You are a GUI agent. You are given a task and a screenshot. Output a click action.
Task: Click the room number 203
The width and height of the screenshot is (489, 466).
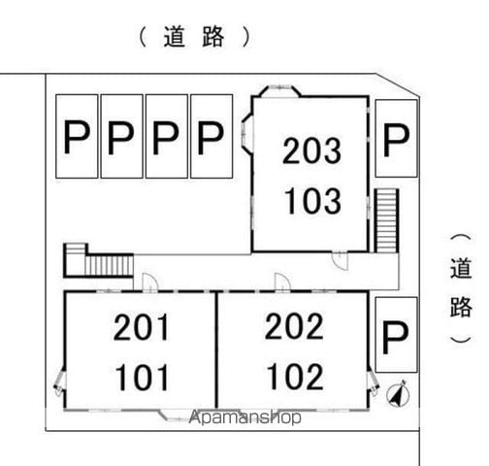[x=311, y=150]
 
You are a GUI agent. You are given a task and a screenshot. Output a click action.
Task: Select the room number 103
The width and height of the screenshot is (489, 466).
[x=312, y=201]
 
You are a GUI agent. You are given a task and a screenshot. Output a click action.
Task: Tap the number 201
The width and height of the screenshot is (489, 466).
[x=142, y=327]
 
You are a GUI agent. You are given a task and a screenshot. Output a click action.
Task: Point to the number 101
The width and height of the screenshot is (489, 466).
[x=143, y=377]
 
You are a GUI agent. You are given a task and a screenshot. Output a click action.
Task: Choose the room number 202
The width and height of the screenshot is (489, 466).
[x=294, y=326]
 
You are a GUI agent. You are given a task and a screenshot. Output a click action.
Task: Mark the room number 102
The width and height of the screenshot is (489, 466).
[x=295, y=376]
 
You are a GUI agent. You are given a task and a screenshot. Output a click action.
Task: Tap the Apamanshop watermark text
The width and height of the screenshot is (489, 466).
[x=244, y=417]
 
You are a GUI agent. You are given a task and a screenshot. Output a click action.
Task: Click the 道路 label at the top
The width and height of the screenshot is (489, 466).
[x=194, y=37]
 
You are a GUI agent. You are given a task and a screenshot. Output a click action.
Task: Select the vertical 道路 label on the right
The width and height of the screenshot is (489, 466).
[x=462, y=288]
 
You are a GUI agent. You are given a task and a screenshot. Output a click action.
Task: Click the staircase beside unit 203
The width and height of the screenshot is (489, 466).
[x=386, y=220]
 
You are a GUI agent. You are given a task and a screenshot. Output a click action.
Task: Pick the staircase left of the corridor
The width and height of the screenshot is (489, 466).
[x=99, y=260]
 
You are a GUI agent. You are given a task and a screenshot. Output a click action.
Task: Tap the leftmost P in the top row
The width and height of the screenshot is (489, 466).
[x=77, y=136]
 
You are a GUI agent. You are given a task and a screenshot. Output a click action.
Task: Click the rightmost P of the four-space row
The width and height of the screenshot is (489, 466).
[x=212, y=136]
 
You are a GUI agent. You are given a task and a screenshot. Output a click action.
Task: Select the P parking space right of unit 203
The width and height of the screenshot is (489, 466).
[x=396, y=139]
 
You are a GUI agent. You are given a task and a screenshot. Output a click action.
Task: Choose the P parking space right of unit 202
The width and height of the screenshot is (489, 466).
[x=396, y=335]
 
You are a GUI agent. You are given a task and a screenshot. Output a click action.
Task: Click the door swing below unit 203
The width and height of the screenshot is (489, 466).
[x=340, y=260]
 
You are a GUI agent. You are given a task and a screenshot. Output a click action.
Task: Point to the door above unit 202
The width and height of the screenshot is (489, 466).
[x=282, y=283]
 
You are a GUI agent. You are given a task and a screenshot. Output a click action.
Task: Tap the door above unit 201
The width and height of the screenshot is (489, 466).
[x=149, y=283]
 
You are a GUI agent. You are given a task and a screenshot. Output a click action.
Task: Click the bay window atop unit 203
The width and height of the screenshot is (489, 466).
[x=277, y=90]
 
